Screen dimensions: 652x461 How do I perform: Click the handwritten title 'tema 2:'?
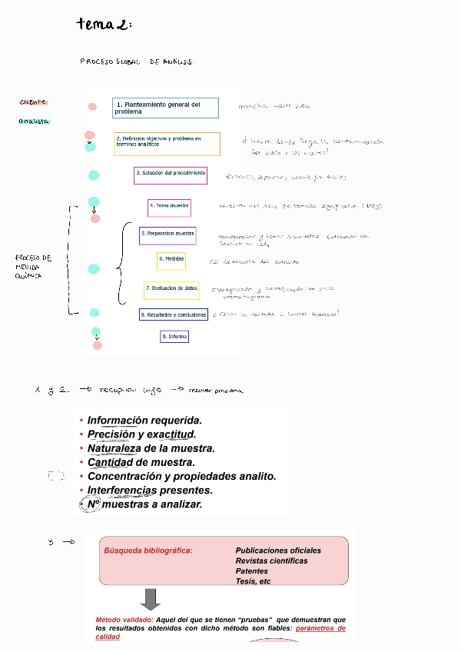click(x=104, y=25)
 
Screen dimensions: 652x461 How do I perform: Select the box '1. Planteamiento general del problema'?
click(x=166, y=108)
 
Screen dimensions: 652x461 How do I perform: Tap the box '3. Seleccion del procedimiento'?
click(x=171, y=175)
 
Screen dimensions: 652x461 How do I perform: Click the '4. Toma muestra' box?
click(x=169, y=207)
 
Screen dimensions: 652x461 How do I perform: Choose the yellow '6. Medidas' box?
click(x=171, y=260)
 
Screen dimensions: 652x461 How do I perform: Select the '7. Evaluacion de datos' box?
click(x=171, y=289)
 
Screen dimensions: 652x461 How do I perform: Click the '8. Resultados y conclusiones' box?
click(x=174, y=314)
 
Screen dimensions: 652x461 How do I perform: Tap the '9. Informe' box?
click(x=174, y=337)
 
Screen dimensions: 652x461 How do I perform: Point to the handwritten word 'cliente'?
click(x=33, y=101)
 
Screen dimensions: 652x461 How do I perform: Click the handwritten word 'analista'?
click(x=34, y=121)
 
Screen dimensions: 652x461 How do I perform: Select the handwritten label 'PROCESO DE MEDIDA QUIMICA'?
click(x=33, y=266)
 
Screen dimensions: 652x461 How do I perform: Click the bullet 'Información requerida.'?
click(x=144, y=421)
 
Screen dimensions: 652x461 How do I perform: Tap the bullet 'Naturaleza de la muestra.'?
click(x=151, y=448)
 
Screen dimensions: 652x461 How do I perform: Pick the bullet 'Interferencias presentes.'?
click(x=149, y=490)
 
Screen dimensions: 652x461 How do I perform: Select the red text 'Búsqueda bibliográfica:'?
click(x=148, y=551)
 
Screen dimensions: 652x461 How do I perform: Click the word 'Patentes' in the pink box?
click(x=252, y=571)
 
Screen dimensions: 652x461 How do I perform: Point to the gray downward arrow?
click(x=151, y=599)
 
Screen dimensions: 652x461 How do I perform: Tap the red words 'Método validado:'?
click(x=124, y=620)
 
